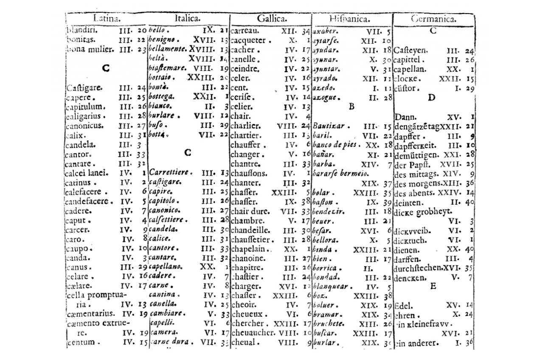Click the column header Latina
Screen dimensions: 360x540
(x=107, y=19)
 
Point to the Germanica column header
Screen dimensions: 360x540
(x=433, y=19)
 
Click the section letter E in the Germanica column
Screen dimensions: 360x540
(x=433, y=286)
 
